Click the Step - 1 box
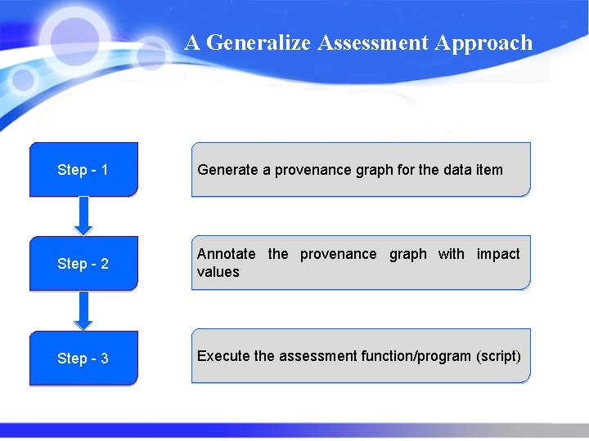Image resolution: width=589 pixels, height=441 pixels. [x=83, y=170]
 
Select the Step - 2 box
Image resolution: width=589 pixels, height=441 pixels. [x=83, y=264]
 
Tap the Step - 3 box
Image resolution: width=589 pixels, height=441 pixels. [x=83, y=358]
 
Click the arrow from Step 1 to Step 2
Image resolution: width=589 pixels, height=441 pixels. [x=83, y=216]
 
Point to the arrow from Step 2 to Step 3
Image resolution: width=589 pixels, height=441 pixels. [x=83, y=310]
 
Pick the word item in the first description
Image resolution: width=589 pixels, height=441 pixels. [x=489, y=170]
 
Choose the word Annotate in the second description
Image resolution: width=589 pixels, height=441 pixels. [x=226, y=254]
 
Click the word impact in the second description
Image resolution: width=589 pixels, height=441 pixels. [x=498, y=254]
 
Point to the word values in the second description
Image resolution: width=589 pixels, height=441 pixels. [x=218, y=272]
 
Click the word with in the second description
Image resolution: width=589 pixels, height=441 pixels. [x=451, y=254]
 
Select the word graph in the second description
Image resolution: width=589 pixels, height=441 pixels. [x=407, y=254]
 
